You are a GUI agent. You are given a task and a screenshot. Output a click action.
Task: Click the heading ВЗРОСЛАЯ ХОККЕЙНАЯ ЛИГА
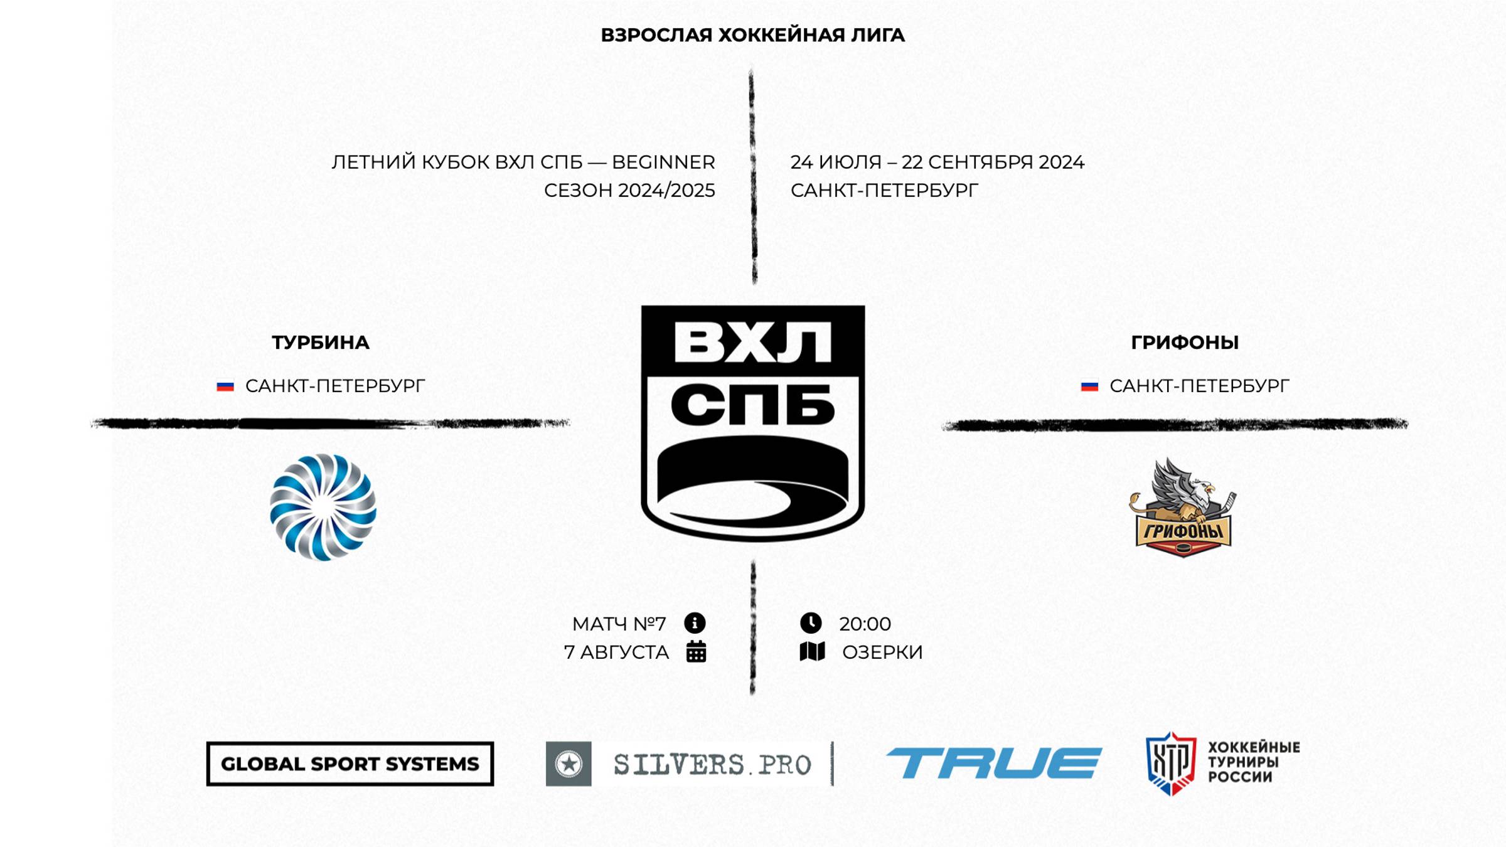point(752,35)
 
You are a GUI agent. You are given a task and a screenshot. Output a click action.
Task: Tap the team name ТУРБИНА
point(321,343)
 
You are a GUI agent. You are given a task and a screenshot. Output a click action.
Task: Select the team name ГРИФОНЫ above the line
point(1184,343)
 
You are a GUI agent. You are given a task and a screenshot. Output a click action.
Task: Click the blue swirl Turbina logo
point(323,507)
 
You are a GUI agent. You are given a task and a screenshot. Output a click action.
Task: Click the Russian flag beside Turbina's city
point(225,386)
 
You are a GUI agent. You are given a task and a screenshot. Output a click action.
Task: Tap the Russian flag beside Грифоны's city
point(1089,386)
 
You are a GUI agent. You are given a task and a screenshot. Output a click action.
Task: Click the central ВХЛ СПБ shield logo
point(752,423)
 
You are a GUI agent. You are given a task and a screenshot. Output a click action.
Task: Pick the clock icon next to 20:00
point(811,623)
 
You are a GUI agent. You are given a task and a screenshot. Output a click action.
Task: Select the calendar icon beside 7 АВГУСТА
point(696,652)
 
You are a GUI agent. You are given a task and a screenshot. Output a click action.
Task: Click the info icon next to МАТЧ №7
point(695,623)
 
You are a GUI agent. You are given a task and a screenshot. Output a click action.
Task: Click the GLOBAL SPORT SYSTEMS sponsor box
point(350,764)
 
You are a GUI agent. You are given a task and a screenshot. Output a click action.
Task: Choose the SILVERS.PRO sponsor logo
point(689,764)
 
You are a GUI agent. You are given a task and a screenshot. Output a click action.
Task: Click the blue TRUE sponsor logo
point(993,763)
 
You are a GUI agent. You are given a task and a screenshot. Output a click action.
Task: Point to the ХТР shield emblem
point(1170,764)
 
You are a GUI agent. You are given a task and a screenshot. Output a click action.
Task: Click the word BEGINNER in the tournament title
point(663,162)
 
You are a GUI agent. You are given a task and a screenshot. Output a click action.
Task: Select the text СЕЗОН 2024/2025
point(629,191)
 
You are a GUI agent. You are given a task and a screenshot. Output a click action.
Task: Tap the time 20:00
point(865,624)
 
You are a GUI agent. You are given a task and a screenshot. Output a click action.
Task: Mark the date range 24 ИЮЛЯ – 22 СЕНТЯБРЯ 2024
point(937,162)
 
